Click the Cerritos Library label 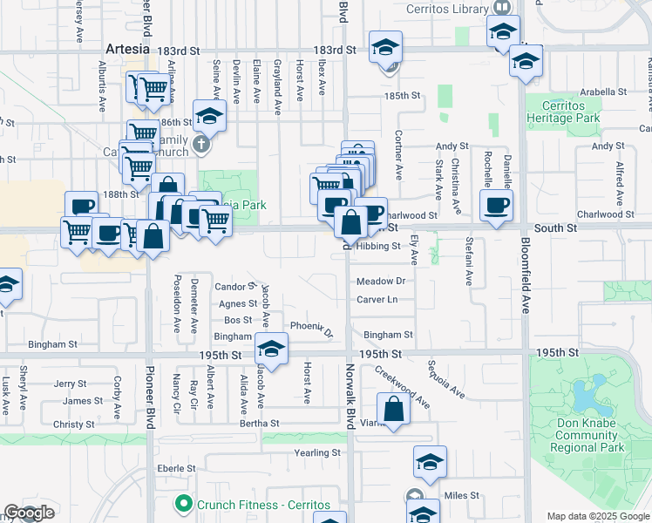pos(446,10)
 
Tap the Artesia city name pos(128,49)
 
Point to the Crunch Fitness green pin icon pos(183,504)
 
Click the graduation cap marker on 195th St pos(271,350)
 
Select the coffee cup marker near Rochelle pos(496,205)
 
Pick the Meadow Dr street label pos(382,282)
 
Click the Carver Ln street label pos(377,300)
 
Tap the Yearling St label pos(317,453)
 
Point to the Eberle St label pos(177,468)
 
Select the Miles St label pos(462,495)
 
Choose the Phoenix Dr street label pos(311,328)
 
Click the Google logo pos(30,513)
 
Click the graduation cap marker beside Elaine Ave pos(209,114)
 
